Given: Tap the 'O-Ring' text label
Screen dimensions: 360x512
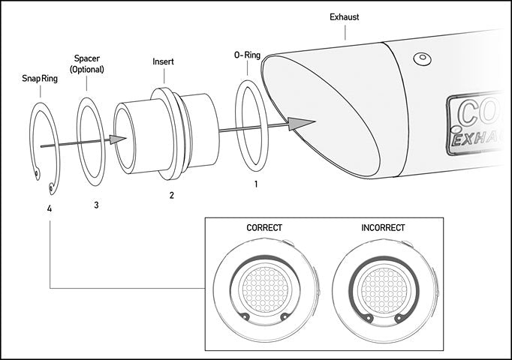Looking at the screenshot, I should [x=248, y=55].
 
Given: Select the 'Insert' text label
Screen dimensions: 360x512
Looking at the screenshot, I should [x=164, y=61].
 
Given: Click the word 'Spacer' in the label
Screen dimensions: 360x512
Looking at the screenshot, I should [x=89, y=58].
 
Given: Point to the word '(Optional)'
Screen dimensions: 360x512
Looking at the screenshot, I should [x=89, y=69].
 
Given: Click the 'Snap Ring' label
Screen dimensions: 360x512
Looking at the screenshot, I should [x=40, y=78].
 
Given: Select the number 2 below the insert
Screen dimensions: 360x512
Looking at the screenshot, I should [x=172, y=195].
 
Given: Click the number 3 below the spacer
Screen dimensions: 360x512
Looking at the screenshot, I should [x=95, y=204].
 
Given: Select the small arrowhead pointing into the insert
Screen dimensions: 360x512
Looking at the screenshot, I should [x=116, y=138].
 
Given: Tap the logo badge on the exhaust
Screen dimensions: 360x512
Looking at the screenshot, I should [x=479, y=124].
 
